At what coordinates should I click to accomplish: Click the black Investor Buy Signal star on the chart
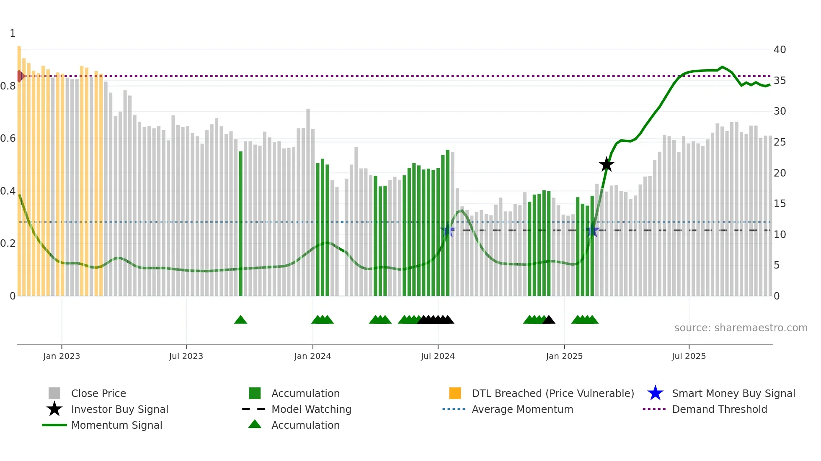(606, 165)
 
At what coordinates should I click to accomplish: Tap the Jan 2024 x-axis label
(312, 356)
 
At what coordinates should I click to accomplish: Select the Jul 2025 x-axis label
(689, 356)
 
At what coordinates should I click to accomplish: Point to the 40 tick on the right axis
(780, 50)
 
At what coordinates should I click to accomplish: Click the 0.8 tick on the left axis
(8, 86)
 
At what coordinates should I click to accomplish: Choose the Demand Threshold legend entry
(719, 409)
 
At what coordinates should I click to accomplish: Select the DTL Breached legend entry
(552, 393)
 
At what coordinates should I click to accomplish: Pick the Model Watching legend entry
(311, 409)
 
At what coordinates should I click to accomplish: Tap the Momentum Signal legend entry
(116, 425)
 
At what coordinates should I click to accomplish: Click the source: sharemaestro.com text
(741, 328)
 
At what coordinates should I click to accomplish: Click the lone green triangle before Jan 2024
(240, 320)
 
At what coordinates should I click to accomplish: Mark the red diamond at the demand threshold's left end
(20, 76)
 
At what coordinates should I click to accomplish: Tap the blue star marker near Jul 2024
(448, 230)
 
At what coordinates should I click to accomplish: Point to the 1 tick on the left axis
(13, 33)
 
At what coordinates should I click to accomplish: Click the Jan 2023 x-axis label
(62, 356)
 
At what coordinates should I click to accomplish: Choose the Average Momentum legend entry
(522, 409)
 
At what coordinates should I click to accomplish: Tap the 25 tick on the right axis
(780, 142)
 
